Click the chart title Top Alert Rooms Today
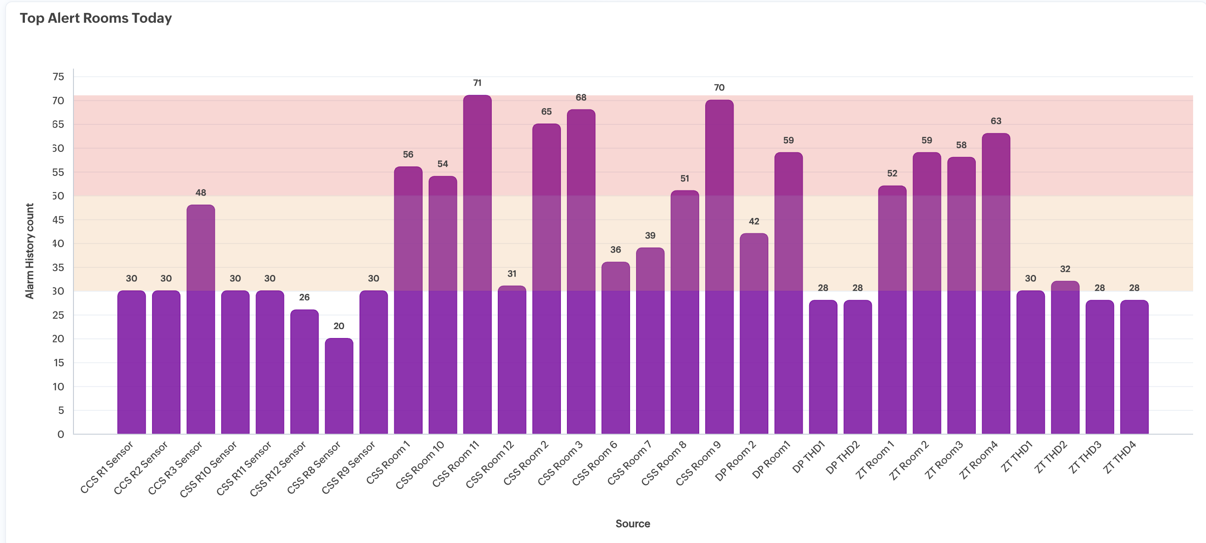click(95, 18)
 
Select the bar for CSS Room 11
click(477, 264)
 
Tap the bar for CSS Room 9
click(719, 267)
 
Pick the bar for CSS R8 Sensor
click(339, 386)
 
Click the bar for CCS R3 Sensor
click(201, 320)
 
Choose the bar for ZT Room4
click(996, 284)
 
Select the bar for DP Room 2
click(754, 333)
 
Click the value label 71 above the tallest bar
click(477, 83)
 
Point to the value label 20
click(339, 326)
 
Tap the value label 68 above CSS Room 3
click(581, 97)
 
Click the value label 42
click(754, 221)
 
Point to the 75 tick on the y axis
click(58, 77)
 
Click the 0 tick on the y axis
click(61, 434)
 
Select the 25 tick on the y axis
click(58, 315)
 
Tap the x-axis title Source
click(633, 524)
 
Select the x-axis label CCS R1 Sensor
click(107, 467)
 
